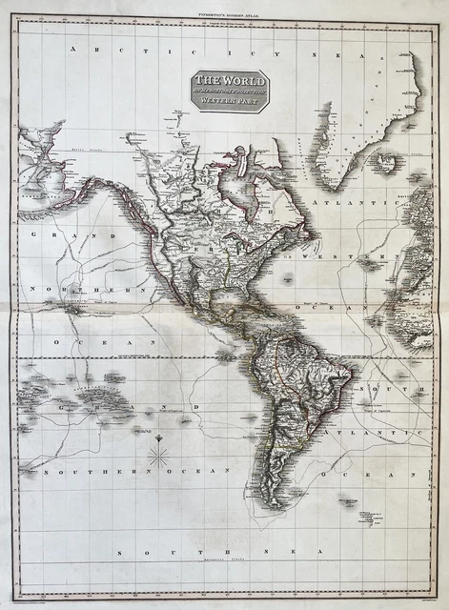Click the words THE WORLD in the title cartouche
pos(229,81)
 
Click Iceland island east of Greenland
pos(384,163)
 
